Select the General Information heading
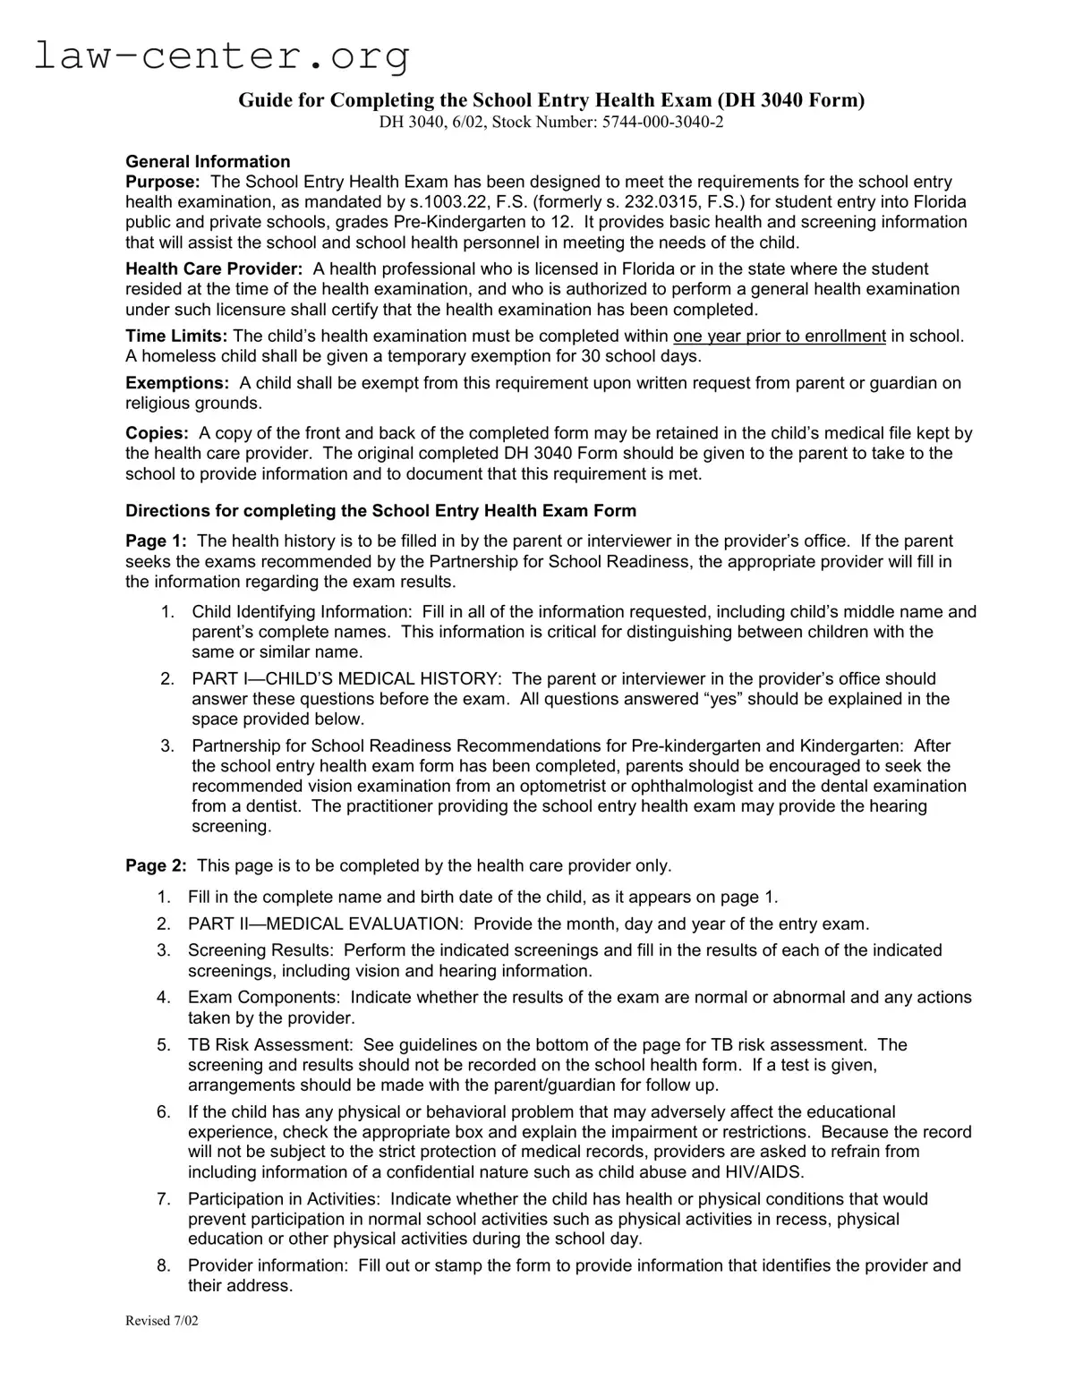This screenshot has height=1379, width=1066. (x=208, y=161)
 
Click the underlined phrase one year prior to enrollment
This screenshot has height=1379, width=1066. (x=779, y=336)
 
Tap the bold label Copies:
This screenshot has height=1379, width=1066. (x=157, y=433)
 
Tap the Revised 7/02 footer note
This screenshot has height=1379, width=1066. (x=162, y=1321)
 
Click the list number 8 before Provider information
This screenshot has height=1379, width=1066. (x=163, y=1265)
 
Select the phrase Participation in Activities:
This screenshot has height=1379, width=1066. (x=284, y=1198)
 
